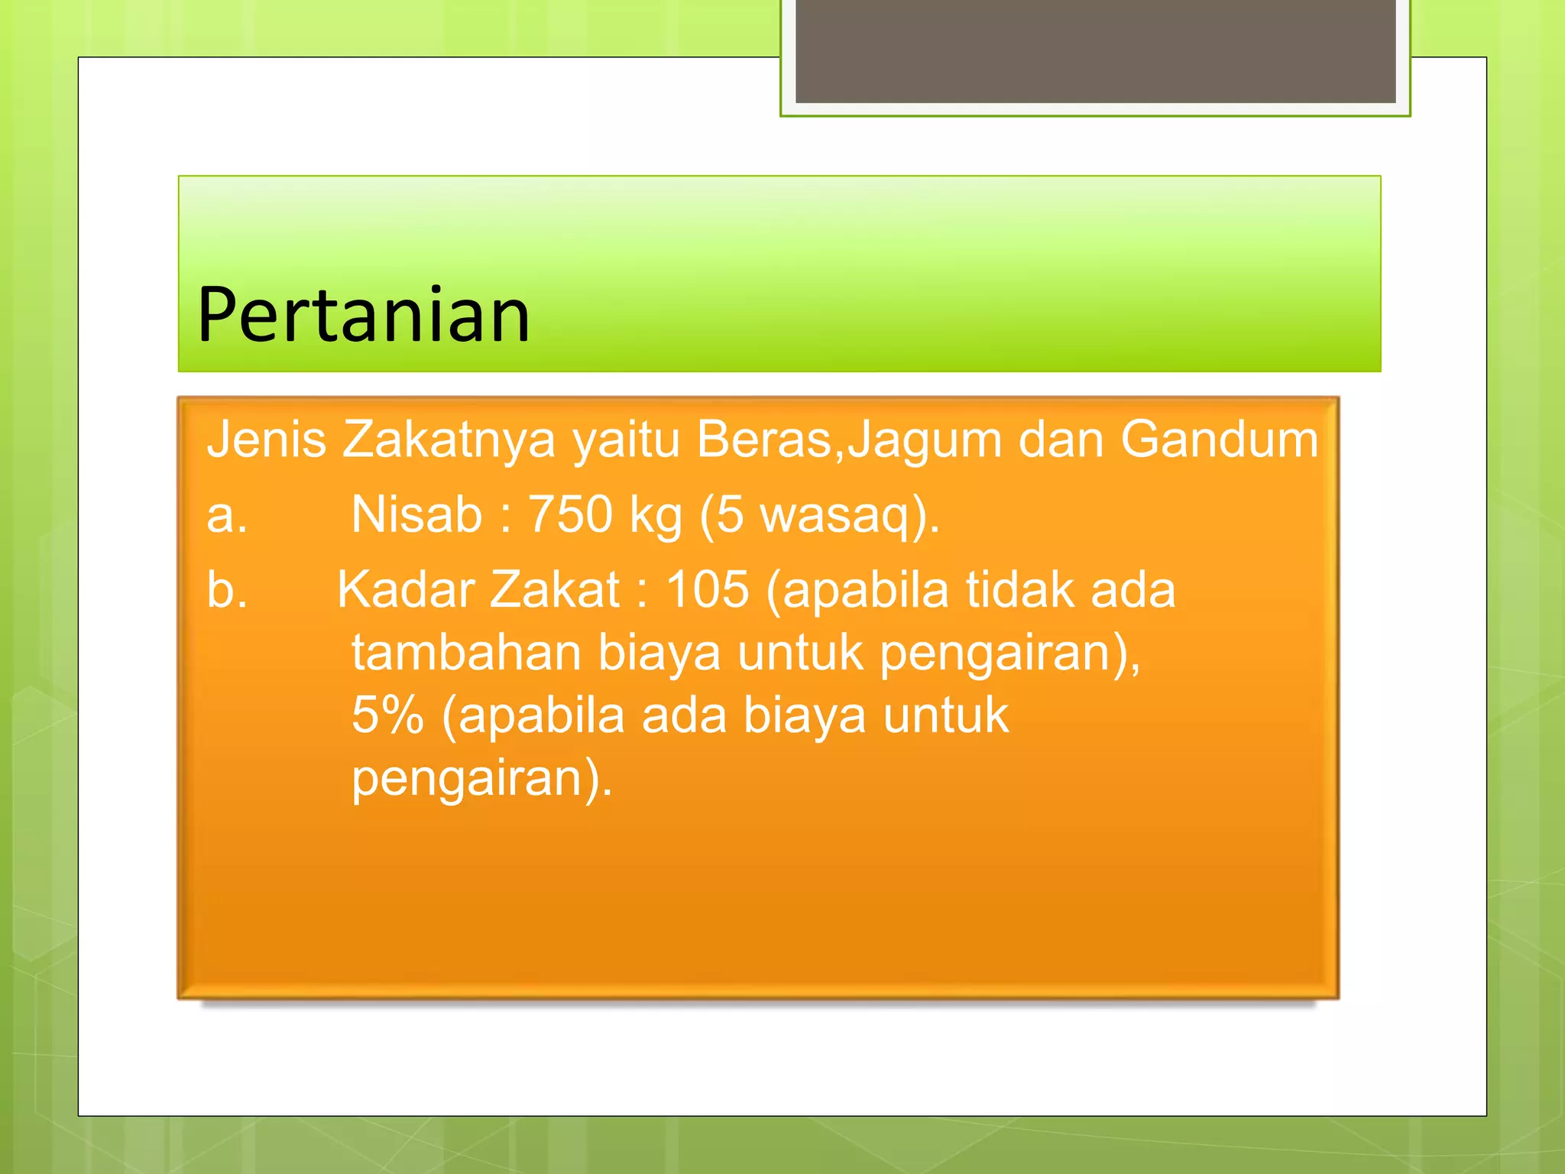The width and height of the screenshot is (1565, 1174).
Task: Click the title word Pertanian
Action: click(363, 315)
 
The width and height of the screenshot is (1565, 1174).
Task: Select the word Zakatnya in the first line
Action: click(449, 441)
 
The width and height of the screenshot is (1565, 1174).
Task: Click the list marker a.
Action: click(227, 514)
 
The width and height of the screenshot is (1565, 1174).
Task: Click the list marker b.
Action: click(227, 589)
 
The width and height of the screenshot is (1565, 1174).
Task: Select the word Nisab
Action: click(416, 514)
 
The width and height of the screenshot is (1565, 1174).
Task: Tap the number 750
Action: click(570, 514)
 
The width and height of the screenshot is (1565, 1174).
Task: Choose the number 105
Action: click(707, 589)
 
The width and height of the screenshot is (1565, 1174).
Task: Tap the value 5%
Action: click(387, 715)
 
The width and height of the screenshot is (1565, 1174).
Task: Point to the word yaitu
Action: click(626, 441)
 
